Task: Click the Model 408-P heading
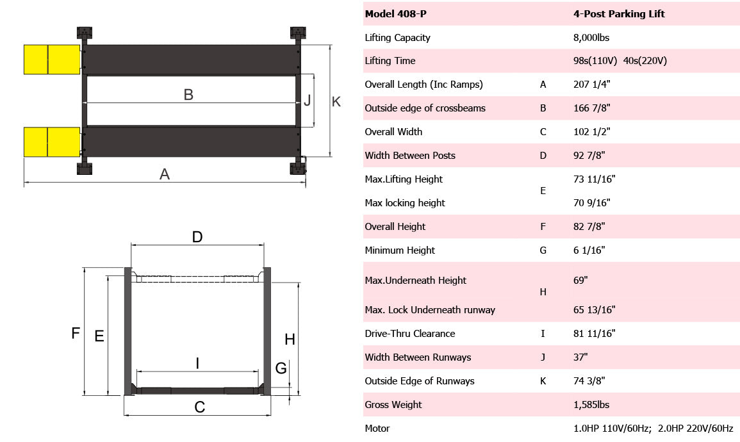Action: coord(393,14)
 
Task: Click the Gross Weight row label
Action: coord(393,405)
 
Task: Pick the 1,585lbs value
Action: coord(591,405)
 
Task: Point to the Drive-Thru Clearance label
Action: coord(410,334)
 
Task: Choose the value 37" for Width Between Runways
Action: coord(581,357)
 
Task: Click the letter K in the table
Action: coord(543,381)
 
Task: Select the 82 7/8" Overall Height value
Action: coord(589,227)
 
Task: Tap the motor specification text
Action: coord(653,429)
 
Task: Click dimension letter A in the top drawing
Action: coord(165,174)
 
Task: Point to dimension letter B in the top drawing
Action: coord(188,95)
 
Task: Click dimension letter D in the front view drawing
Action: coord(197,237)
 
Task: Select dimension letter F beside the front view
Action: coord(75,333)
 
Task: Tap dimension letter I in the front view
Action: coord(197,364)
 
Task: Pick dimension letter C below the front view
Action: coord(199,407)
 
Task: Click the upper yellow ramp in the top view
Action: coord(51,59)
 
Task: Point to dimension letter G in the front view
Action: coord(281,368)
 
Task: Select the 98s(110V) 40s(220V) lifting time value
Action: coord(620,61)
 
